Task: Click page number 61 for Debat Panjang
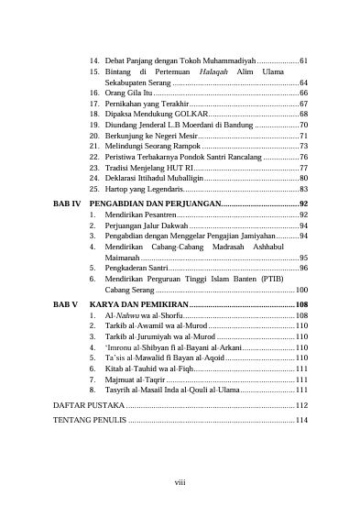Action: [302, 60]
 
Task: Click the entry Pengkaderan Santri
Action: [134, 268]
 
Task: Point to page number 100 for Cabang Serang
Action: [300, 290]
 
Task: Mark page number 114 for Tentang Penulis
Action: [300, 420]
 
